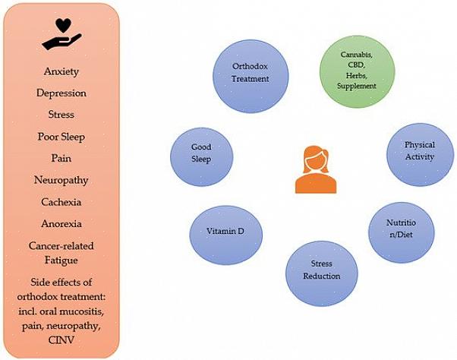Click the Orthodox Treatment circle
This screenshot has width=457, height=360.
click(251, 72)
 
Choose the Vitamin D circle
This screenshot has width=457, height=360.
click(225, 231)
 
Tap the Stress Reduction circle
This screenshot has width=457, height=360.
click(321, 270)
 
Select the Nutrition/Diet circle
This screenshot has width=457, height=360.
click(402, 228)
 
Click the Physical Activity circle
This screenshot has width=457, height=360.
click(419, 150)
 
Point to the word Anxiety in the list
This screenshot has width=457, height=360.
click(61, 71)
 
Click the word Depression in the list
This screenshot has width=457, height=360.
click(61, 93)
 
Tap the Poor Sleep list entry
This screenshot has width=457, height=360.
click(61, 137)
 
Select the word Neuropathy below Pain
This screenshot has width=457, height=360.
click(61, 180)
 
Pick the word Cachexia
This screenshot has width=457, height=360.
click(61, 202)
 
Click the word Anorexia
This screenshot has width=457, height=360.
click(61, 224)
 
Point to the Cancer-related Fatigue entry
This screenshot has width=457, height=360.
click(61, 253)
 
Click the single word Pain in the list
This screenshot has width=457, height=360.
click(61, 159)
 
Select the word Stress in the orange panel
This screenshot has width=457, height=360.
click(61, 115)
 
